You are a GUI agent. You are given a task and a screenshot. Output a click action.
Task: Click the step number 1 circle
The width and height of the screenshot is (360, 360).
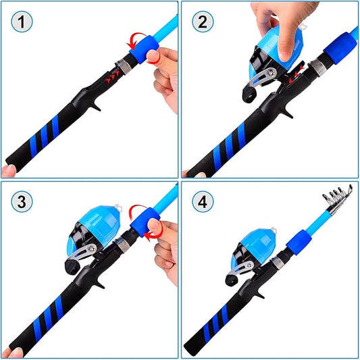click(x=22, y=22)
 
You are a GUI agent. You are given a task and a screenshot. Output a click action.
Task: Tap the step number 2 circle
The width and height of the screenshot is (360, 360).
click(x=203, y=22)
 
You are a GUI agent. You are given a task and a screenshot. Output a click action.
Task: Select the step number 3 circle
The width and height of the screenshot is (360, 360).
click(x=22, y=201)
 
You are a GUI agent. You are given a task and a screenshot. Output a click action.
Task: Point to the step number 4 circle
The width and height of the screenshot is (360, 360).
click(x=203, y=201)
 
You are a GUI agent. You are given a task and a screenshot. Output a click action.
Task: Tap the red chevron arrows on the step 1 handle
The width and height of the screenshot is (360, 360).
click(x=113, y=77)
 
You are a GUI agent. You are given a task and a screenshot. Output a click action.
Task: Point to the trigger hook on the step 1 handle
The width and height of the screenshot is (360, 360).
click(x=97, y=105)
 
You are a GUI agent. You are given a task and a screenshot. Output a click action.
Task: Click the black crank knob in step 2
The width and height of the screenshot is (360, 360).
click(x=249, y=94)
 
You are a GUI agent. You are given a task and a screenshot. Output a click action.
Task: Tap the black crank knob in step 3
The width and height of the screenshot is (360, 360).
click(x=72, y=266)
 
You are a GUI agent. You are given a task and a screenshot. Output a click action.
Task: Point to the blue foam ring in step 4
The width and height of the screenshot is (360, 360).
click(x=299, y=242)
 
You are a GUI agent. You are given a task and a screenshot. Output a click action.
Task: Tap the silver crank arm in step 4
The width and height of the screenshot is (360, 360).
click(x=240, y=267)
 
